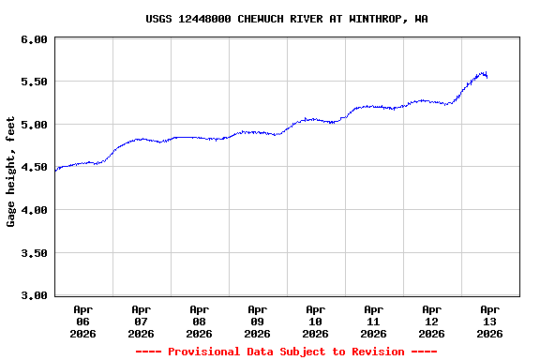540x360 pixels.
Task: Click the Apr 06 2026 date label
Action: point(83,321)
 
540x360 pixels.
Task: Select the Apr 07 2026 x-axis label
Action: point(142,321)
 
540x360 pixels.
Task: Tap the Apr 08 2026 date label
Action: point(200,321)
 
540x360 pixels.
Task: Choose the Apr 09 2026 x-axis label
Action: point(258,321)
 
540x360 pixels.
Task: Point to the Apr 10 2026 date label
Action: point(316,321)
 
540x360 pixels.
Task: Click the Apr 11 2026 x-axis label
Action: point(374,321)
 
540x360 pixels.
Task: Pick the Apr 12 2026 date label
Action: point(432,321)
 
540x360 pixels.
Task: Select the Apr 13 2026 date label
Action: point(490,321)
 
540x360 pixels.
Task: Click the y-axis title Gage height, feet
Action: point(11,172)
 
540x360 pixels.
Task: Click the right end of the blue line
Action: point(487,77)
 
